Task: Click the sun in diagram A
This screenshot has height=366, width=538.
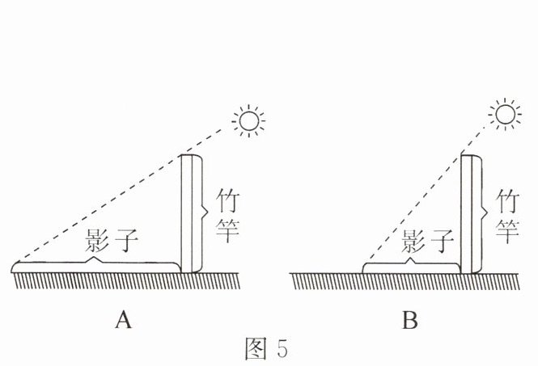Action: pyautogui.click(x=248, y=121)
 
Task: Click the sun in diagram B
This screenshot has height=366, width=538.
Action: pyautogui.click(x=505, y=115)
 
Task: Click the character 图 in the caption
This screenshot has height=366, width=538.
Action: pyautogui.click(x=256, y=348)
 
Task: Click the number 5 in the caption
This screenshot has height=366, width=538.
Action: pyautogui.click(x=282, y=348)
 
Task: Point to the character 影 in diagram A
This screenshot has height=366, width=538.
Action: pyautogui.click(x=97, y=240)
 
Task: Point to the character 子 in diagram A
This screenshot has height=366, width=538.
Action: pyautogui.click(x=126, y=240)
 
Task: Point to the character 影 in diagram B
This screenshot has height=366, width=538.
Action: pyautogui.click(x=413, y=241)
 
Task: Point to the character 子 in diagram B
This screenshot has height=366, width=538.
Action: pyautogui.click(x=443, y=241)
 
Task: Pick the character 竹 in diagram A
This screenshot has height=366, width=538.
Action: pyautogui.click(x=228, y=200)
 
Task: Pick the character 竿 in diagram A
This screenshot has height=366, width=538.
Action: pyautogui.click(x=227, y=230)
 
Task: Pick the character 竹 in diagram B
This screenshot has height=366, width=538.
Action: pyautogui.click(x=508, y=200)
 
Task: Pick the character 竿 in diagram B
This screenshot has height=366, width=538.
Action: pyautogui.click(x=507, y=230)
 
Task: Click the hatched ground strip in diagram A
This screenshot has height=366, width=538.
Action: pyautogui.click(x=125, y=281)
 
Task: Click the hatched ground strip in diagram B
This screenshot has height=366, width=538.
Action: pyautogui.click(x=405, y=281)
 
